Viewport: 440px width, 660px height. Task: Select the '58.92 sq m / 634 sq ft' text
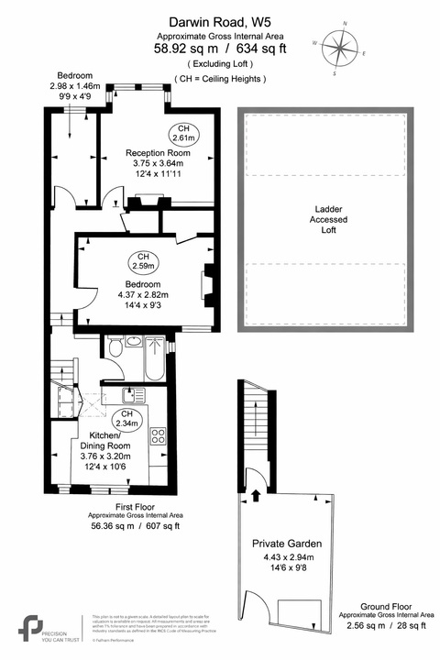coord(219,51)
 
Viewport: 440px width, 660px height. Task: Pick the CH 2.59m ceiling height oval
coord(143,261)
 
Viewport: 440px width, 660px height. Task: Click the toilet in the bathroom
coord(115,349)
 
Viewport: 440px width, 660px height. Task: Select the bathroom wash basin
coord(134,342)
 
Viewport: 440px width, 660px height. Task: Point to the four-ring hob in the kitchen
coord(158,436)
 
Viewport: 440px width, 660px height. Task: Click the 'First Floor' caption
coord(135,506)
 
